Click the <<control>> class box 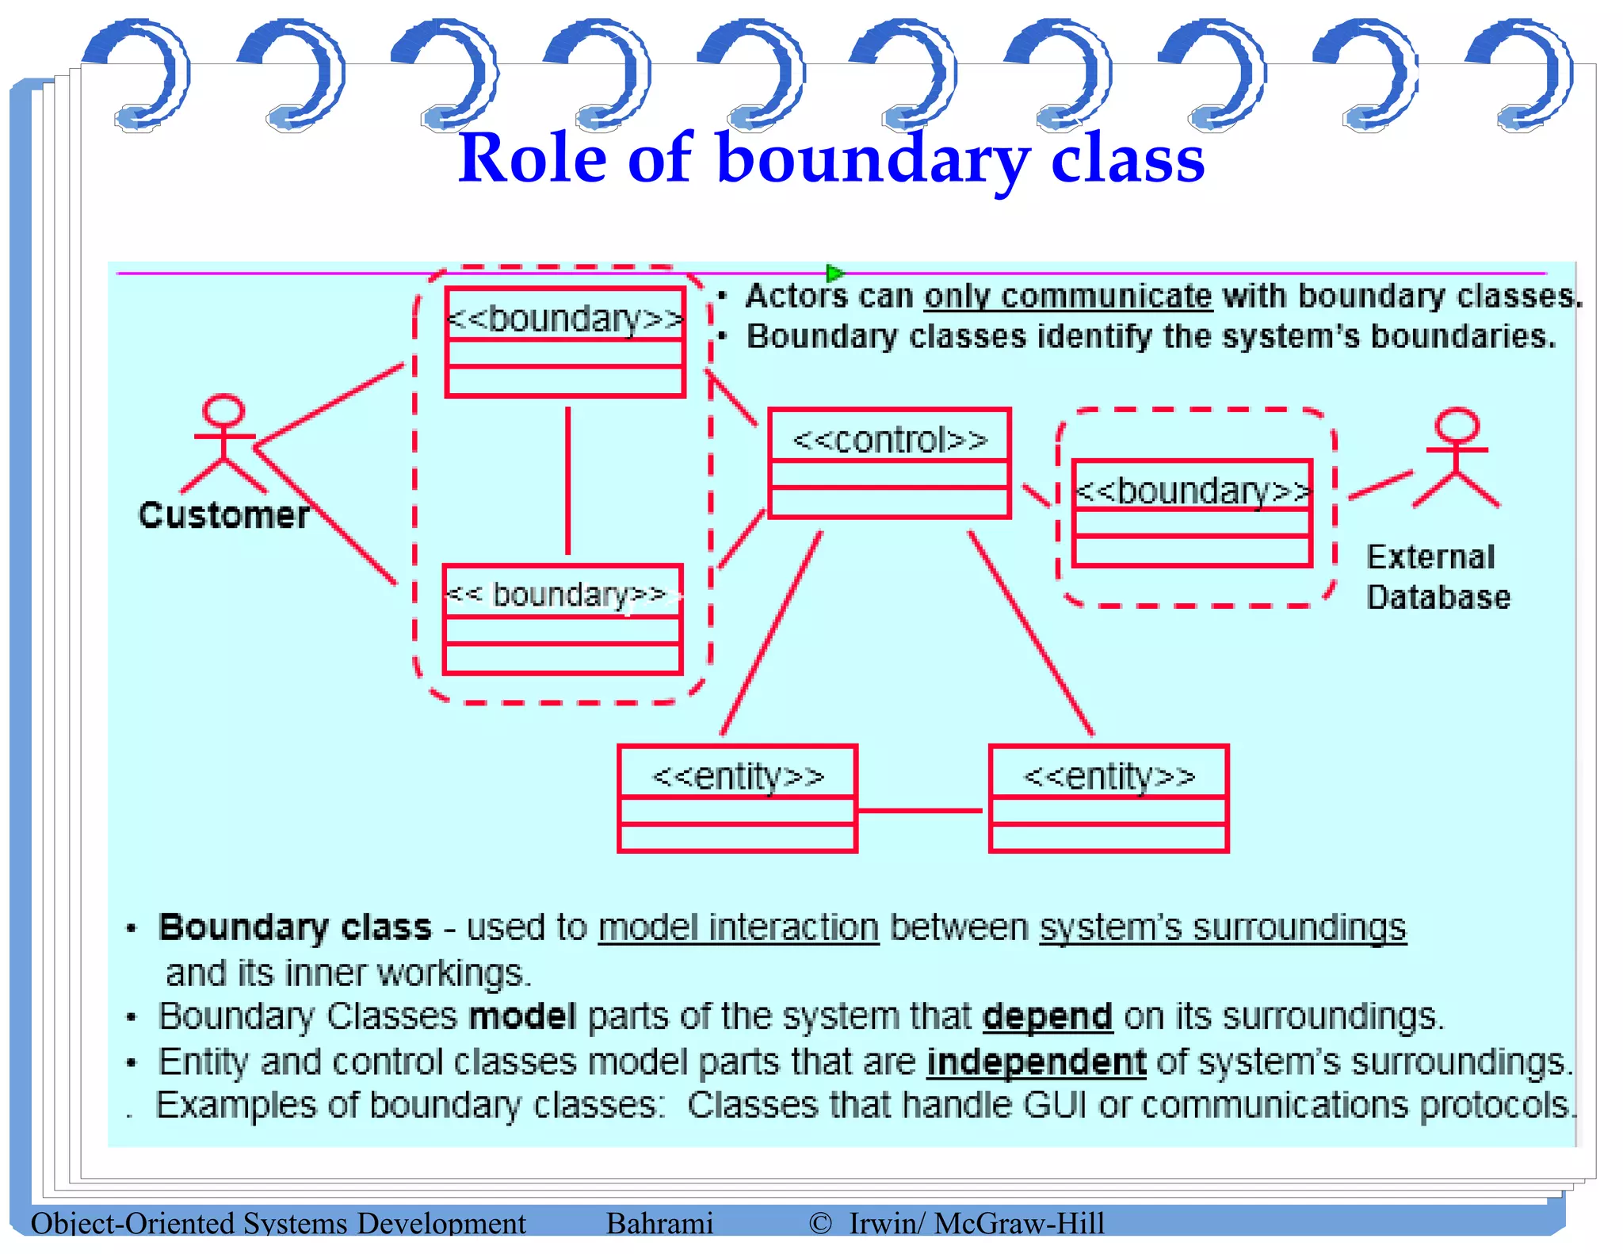[x=889, y=463]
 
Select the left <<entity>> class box [x=737, y=798]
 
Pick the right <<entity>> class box [x=1109, y=798]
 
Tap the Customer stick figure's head [x=223, y=411]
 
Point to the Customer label [x=223, y=515]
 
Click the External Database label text [x=1438, y=577]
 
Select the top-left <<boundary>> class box [x=565, y=342]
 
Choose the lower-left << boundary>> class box [x=563, y=619]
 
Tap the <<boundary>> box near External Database [x=1192, y=513]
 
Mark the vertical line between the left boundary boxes [x=567, y=480]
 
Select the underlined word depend [x=1047, y=1016]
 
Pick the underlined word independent [x=1036, y=1061]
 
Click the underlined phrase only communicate [x=1067, y=296]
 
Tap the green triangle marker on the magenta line [x=834, y=273]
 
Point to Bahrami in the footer [x=659, y=1223]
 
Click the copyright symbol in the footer [x=820, y=1223]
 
